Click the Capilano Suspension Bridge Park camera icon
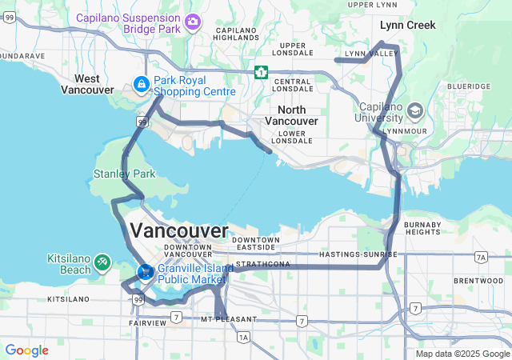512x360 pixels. [x=192, y=20]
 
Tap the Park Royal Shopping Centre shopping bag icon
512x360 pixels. [x=142, y=84]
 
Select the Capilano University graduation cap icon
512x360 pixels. [x=414, y=110]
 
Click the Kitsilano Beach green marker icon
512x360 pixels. [x=102, y=262]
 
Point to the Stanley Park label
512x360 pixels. [x=124, y=174]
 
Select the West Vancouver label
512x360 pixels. [x=87, y=84]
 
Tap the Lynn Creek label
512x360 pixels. [x=407, y=25]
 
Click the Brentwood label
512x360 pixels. [x=477, y=281]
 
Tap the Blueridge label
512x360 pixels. [x=469, y=86]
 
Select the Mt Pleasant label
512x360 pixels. [x=229, y=319]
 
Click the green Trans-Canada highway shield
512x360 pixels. [x=261, y=72]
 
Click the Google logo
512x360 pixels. [x=26, y=350]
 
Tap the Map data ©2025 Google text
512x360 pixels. [x=462, y=354]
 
